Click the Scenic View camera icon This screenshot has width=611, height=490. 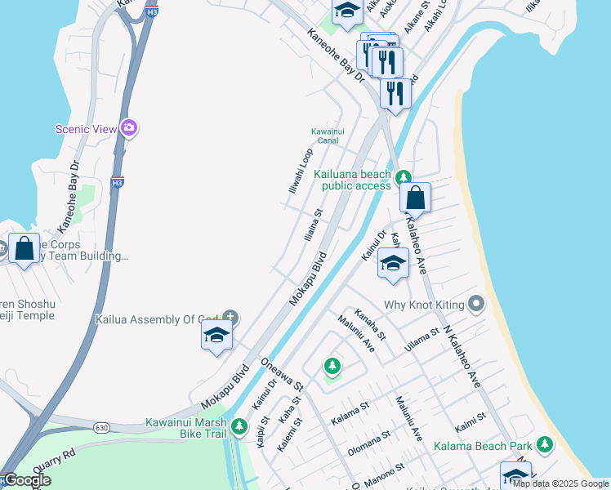click(x=128, y=127)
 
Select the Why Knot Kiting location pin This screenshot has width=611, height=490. click(x=477, y=305)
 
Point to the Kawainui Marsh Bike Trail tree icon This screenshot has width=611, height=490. click(x=239, y=425)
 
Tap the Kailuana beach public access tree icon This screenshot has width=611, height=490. click(x=403, y=177)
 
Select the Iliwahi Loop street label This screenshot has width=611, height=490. click(x=301, y=171)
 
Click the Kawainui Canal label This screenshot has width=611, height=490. click(x=330, y=136)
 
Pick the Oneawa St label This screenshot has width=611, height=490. click(x=282, y=374)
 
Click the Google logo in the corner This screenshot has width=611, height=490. click(x=26, y=480)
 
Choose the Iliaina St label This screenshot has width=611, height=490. click(x=314, y=223)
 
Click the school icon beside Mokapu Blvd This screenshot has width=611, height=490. click(x=216, y=335)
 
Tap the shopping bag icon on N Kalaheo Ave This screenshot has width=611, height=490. click(x=415, y=198)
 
